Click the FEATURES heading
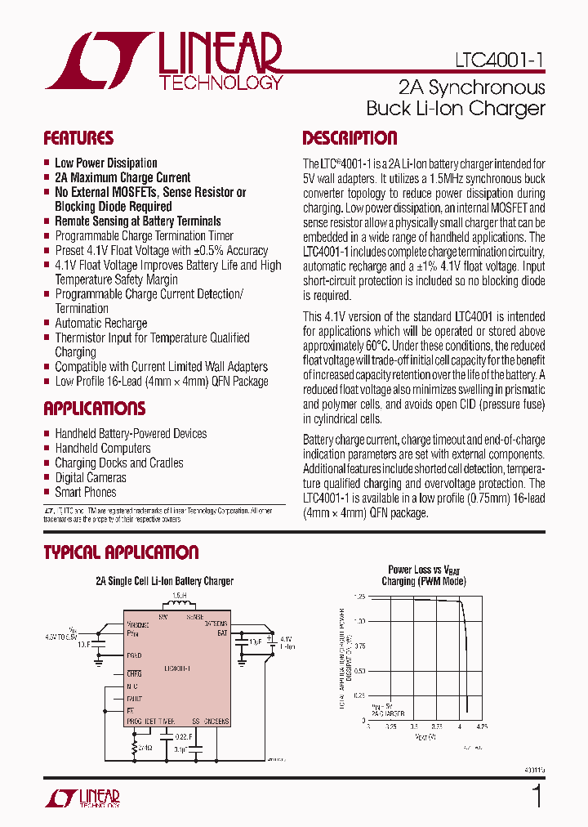coord(78,138)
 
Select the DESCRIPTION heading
coord(350,138)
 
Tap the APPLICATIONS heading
coord(94,409)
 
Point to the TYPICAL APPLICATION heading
coord(121,552)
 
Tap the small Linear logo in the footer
coord(82,798)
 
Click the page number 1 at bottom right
coord(537,796)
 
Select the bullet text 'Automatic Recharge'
coord(101,323)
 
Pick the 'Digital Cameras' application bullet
coord(91,477)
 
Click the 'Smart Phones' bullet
coord(86,492)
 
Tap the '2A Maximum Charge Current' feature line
coord(122,177)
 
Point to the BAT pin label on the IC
coord(220,632)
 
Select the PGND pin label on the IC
coord(134,655)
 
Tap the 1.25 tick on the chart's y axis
coord(360,597)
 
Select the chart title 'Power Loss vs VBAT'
coord(423,570)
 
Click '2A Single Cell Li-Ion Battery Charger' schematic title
coord(165,581)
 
